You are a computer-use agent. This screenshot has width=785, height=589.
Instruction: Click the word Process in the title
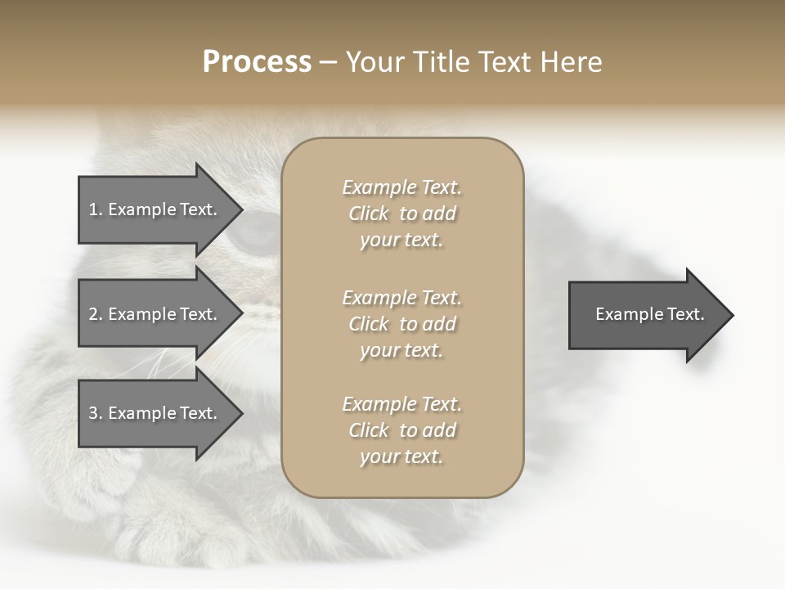click(x=257, y=62)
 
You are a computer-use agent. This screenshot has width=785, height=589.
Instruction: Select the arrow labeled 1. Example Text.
click(x=155, y=209)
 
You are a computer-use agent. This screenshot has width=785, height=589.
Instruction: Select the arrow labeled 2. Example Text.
click(x=155, y=314)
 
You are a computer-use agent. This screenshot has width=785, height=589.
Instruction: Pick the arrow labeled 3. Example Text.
click(x=155, y=413)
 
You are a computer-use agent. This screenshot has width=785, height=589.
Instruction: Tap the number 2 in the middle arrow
click(x=93, y=314)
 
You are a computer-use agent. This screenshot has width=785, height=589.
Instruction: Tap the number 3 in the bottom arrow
click(x=93, y=413)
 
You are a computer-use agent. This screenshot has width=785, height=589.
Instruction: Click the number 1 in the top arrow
click(x=92, y=209)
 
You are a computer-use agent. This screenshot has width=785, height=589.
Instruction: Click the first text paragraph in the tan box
click(x=401, y=214)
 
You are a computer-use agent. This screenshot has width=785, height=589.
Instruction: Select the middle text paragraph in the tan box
click(x=401, y=324)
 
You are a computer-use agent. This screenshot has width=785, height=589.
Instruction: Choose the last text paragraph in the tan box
click(x=401, y=430)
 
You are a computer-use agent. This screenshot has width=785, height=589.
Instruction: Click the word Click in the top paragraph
click(x=369, y=214)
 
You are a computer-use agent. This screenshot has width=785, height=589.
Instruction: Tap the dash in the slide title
click(x=329, y=63)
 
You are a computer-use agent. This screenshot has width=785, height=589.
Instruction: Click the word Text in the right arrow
click(x=686, y=314)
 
